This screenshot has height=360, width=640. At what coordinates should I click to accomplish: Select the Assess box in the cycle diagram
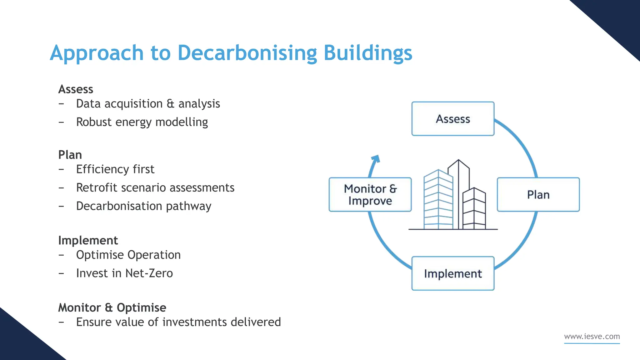pyautogui.click(x=453, y=119)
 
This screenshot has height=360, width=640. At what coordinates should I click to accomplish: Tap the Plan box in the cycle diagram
pyautogui.click(x=538, y=194)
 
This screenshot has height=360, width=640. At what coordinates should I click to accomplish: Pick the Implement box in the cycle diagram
pyautogui.click(x=453, y=273)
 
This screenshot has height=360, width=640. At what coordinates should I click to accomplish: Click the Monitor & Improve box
pyautogui.click(x=370, y=194)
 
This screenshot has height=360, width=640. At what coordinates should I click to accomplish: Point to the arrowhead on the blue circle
pyautogui.click(x=376, y=159)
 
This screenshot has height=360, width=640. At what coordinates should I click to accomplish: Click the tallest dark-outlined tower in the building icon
pyautogui.click(x=459, y=194)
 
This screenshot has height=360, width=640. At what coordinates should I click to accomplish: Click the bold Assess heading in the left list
pyautogui.click(x=76, y=89)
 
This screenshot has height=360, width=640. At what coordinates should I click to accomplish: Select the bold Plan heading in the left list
pyautogui.click(x=70, y=155)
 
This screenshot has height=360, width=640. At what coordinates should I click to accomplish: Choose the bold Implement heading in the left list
pyautogui.click(x=88, y=240)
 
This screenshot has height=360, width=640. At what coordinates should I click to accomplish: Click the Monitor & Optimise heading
pyautogui.click(x=112, y=307)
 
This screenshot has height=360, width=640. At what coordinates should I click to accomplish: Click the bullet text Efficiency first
pyautogui.click(x=115, y=169)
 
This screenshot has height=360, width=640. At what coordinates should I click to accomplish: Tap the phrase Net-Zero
pyautogui.click(x=149, y=273)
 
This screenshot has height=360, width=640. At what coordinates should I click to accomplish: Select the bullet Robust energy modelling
pyautogui.click(x=142, y=122)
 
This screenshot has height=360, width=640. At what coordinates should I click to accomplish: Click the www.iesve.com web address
pyautogui.click(x=592, y=337)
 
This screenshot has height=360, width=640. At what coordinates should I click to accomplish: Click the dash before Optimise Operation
pyautogui.click(x=61, y=255)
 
